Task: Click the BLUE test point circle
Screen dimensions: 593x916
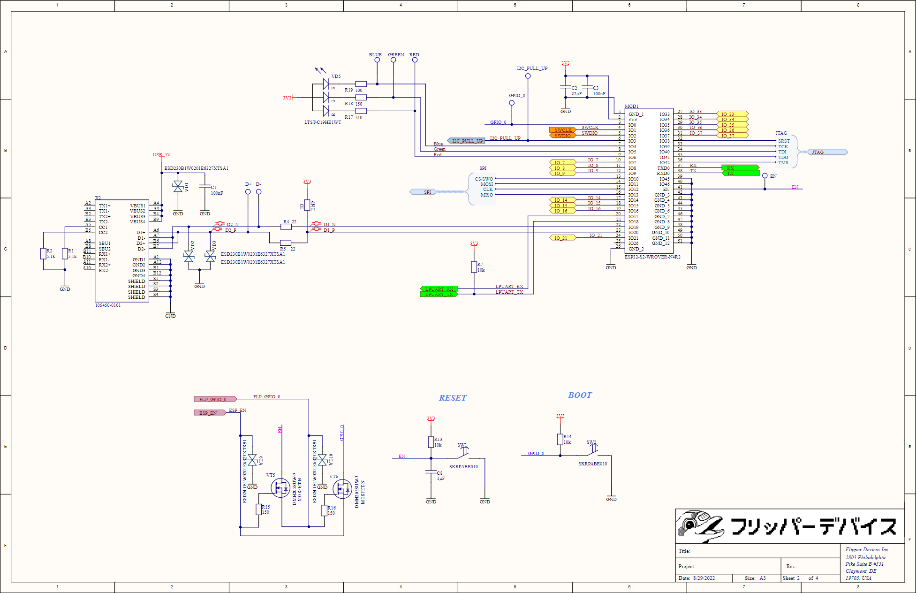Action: tap(377, 60)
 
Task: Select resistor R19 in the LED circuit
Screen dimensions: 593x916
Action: tap(361, 84)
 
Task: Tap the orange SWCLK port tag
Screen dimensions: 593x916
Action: tap(562, 130)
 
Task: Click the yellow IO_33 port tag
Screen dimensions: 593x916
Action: tap(732, 114)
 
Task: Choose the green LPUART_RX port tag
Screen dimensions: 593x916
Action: tap(439, 289)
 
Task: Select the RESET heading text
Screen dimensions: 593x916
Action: tap(453, 398)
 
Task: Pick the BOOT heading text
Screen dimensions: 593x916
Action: tap(580, 395)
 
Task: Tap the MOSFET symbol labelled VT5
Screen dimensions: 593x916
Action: tap(280, 488)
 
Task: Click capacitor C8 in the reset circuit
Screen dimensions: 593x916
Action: tap(431, 473)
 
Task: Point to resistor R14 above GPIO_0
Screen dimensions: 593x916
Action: tap(560, 439)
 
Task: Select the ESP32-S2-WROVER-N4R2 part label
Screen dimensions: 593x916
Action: tap(652, 257)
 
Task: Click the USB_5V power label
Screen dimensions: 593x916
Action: tap(161, 155)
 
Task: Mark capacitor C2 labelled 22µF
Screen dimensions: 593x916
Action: tap(566, 88)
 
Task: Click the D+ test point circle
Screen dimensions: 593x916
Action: tap(248, 191)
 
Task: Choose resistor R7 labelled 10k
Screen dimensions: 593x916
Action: tap(474, 267)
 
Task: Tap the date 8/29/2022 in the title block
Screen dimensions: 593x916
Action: tap(704, 578)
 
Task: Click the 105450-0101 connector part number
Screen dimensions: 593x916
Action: tap(108, 305)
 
